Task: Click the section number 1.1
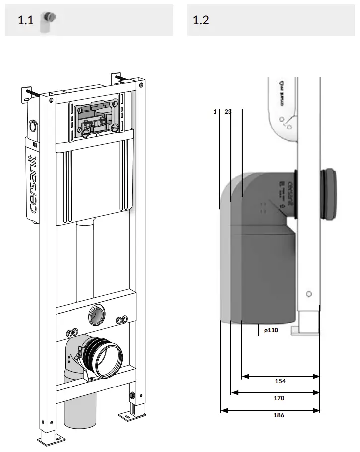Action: click(26, 20)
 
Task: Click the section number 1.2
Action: click(201, 20)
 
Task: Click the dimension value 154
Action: click(280, 381)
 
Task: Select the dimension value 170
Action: click(279, 398)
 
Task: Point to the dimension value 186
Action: click(279, 415)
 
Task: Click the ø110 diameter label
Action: click(271, 330)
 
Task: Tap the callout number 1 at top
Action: click(215, 112)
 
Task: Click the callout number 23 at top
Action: click(228, 112)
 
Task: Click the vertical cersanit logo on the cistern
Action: click(32, 184)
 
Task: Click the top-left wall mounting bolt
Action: click(30, 93)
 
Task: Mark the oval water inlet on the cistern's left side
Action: click(33, 127)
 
